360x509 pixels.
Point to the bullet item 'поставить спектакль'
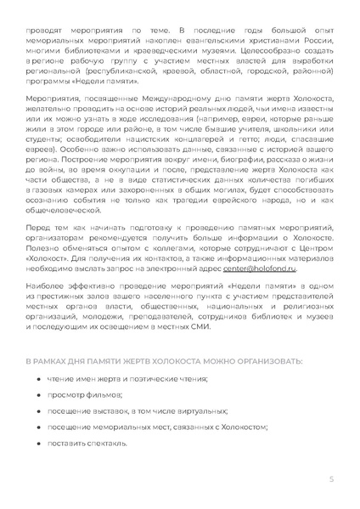coord(88,443)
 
